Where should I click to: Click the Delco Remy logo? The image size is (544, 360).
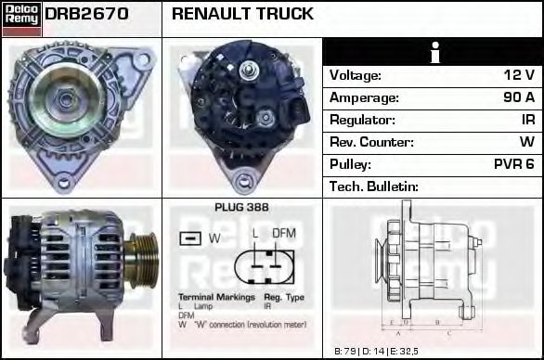tap(20, 19)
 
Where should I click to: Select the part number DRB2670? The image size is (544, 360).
tap(86, 15)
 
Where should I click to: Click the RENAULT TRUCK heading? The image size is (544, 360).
tap(243, 15)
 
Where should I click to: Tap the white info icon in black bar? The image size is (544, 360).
tap(433, 53)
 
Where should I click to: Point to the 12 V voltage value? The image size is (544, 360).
tap(518, 75)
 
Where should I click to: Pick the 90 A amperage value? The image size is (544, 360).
tap(518, 97)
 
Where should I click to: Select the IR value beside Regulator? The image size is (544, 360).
tap(526, 120)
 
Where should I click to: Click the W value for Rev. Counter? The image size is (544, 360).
tap(526, 142)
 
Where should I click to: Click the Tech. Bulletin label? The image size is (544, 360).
tap(374, 186)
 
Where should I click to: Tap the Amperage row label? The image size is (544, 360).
tap(364, 97)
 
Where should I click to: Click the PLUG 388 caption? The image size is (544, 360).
tap(241, 208)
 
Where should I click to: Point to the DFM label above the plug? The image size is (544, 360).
tap(283, 233)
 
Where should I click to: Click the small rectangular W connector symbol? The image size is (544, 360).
tap(189, 238)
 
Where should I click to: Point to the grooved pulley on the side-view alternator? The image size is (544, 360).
tap(143, 262)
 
